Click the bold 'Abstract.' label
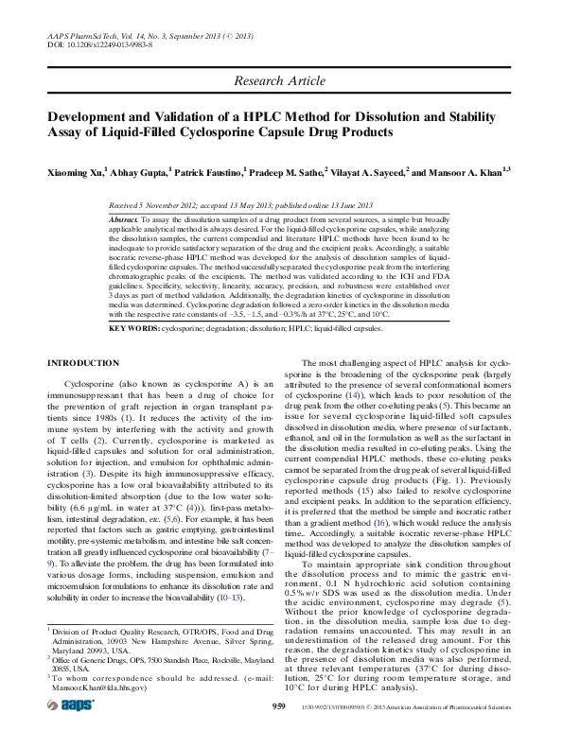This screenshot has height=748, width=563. pos(125,218)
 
